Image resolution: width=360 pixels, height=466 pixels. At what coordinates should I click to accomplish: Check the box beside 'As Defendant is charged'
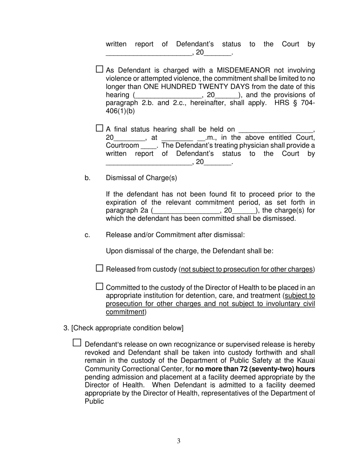click(x=99, y=69)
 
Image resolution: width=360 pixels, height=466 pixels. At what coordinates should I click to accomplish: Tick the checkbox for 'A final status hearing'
click(x=99, y=128)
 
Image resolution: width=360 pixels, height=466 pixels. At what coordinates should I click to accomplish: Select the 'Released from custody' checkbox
click(x=99, y=268)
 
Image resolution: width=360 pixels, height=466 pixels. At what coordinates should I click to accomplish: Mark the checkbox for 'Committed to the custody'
click(x=99, y=286)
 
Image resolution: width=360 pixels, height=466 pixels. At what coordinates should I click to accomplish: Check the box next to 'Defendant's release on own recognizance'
click(x=77, y=343)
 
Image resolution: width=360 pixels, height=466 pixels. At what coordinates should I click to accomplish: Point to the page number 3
click(x=178, y=441)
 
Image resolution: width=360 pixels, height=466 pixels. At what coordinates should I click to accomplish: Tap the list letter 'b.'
click(x=88, y=178)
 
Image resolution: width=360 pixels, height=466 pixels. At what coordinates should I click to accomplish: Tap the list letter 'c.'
click(x=88, y=235)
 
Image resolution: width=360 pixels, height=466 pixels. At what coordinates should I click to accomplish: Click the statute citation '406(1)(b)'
click(x=120, y=111)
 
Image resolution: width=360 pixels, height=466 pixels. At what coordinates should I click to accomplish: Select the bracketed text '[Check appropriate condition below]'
click(x=127, y=328)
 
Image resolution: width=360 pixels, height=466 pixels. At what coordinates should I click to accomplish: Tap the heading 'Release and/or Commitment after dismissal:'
click(x=175, y=235)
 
